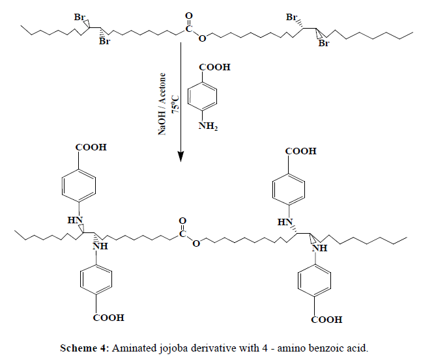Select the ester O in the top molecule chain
(203, 38)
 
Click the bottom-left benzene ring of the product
(96, 281)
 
